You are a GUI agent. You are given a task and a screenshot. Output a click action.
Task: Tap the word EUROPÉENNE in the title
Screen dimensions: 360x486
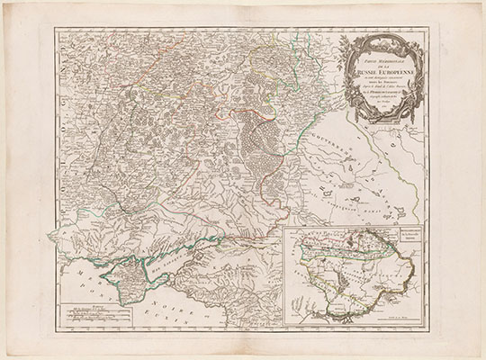[389, 73]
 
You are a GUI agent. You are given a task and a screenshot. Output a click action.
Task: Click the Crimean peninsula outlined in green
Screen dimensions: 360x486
[126, 270]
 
